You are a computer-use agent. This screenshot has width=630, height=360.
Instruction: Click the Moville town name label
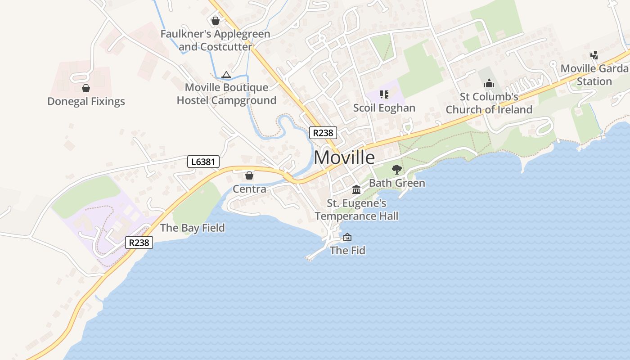click(344, 157)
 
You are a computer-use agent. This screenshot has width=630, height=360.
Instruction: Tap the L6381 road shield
click(203, 161)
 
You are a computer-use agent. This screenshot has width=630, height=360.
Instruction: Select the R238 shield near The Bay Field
click(139, 243)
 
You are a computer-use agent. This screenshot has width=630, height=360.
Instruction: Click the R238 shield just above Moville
click(323, 133)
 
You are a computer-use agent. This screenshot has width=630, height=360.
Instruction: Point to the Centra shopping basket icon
click(249, 175)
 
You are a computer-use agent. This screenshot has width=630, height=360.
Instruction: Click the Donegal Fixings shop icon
click(86, 88)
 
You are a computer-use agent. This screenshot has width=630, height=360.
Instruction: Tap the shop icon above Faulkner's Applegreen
click(216, 21)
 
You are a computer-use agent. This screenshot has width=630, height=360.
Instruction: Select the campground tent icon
click(226, 75)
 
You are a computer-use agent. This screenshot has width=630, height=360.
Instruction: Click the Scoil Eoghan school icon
click(384, 94)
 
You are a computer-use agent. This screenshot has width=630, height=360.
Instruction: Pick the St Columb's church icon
click(489, 83)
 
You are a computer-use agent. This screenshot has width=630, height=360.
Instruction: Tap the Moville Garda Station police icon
click(594, 56)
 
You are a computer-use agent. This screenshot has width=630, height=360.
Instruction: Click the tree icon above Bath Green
click(396, 170)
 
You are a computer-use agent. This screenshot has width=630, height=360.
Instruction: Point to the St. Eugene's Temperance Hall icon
click(356, 189)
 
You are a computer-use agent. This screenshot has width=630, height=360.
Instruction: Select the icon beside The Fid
click(347, 237)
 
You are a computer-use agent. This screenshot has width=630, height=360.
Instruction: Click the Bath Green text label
click(397, 183)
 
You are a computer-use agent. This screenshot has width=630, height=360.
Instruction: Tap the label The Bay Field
click(192, 228)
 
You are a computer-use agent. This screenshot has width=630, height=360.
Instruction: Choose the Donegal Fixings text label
click(86, 101)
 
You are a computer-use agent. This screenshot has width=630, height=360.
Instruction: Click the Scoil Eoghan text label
click(384, 108)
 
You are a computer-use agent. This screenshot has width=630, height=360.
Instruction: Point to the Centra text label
click(249, 189)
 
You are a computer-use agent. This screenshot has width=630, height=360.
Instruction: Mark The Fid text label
click(347, 250)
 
